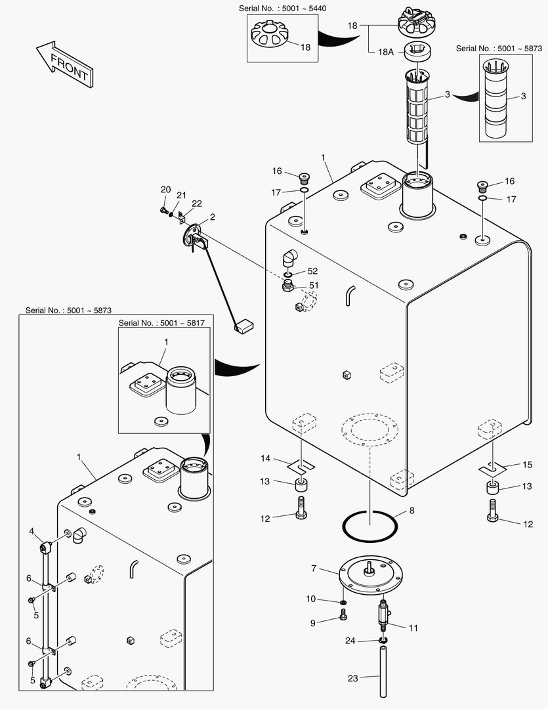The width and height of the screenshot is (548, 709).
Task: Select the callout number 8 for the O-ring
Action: (x=411, y=510)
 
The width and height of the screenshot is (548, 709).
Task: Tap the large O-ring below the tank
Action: (x=369, y=525)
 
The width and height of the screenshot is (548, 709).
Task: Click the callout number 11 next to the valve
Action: (x=413, y=628)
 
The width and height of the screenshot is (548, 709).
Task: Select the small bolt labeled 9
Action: (x=343, y=616)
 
